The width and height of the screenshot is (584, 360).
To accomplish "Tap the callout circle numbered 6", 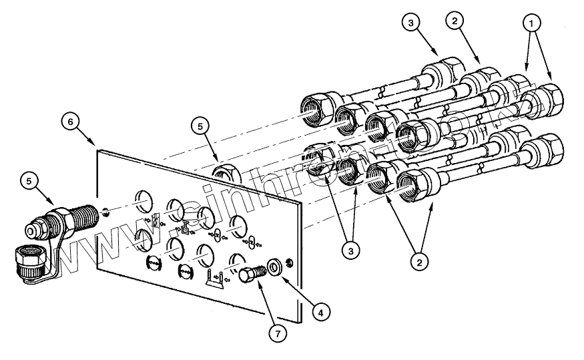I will click(x=71, y=122).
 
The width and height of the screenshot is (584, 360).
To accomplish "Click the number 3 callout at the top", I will click(x=410, y=21).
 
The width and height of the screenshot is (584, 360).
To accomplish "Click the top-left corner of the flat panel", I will click(x=98, y=150).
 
